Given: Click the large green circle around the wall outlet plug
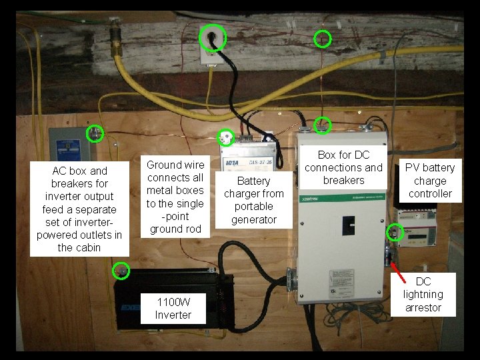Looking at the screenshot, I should pyautogui.click(x=213, y=37).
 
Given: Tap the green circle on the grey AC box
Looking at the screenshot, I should pyautogui.click(x=96, y=134).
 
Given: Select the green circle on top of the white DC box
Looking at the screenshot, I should pyautogui.click(x=323, y=125).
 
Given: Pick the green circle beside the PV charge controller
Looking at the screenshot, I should pyautogui.click(x=395, y=232).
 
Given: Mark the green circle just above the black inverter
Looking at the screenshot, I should pyautogui.click(x=121, y=271).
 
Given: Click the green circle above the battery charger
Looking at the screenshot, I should pyautogui.click(x=226, y=137).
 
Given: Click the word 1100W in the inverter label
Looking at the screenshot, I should pyautogui.click(x=173, y=302).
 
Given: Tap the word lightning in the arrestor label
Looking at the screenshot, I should pyautogui.click(x=423, y=294).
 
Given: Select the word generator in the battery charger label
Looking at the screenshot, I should pyautogui.click(x=254, y=219).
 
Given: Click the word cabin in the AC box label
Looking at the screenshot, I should pyautogui.click(x=88, y=247).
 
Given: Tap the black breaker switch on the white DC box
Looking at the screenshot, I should pyautogui.click(x=349, y=225).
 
